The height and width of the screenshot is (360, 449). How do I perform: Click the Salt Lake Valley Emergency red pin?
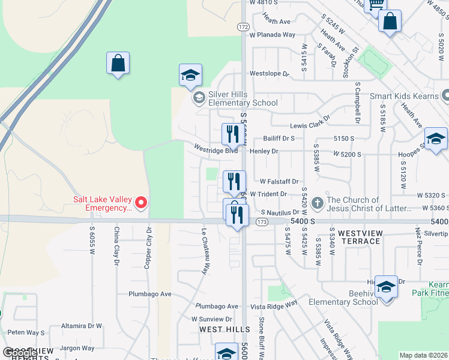pyautogui.click(x=141, y=203)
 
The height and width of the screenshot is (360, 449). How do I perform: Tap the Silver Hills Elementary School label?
pyautogui.click(x=243, y=98)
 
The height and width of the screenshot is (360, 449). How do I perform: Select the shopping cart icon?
pyautogui.click(x=375, y=5)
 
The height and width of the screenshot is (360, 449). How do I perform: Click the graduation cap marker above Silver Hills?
pyautogui.click(x=190, y=76)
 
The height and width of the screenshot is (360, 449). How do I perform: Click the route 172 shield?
pyautogui.click(x=243, y=27)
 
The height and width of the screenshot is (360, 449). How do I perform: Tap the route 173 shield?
pyautogui.click(x=261, y=221)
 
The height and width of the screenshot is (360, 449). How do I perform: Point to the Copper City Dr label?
pyautogui.click(x=148, y=247)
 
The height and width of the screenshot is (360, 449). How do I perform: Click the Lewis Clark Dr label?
pyautogui.click(x=310, y=124)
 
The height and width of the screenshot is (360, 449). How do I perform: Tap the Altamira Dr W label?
pyautogui.click(x=82, y=326)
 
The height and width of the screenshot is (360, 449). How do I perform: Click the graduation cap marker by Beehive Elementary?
pyautogui.click(x=386, y=287)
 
